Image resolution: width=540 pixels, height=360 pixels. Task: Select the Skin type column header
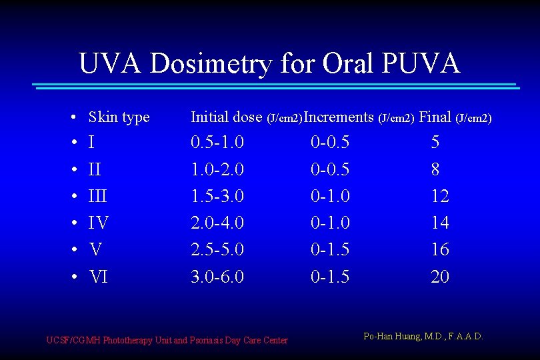point(119,117)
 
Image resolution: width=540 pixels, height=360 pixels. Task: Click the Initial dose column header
point(227,117)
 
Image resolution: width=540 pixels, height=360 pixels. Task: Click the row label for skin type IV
point(99,223)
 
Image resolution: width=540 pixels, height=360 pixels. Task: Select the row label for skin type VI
point(98,277)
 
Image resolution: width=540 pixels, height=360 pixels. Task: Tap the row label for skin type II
point(95,169)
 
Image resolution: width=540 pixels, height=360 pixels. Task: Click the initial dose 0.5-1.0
point(217,143)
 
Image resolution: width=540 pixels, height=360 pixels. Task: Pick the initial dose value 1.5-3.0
point(217,196)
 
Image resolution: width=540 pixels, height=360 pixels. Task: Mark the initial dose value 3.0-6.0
point(217,277)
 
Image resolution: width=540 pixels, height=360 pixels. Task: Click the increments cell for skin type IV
point(330,223)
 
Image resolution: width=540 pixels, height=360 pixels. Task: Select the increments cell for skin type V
point(330,250)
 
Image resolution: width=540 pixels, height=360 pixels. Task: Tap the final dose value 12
point(440,196)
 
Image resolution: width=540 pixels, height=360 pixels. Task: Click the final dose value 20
point(440,277)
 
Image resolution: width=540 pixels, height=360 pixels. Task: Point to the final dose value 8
point(435,169)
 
